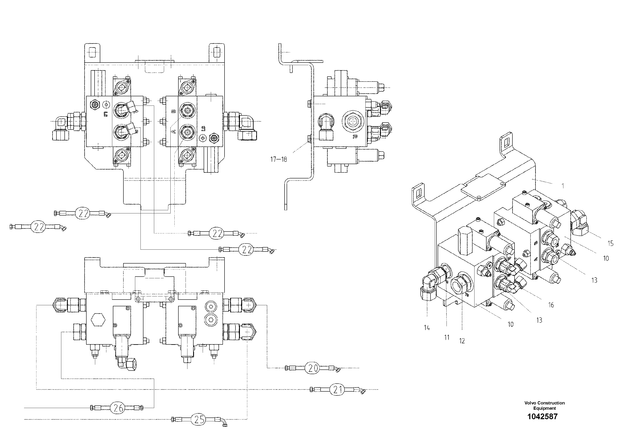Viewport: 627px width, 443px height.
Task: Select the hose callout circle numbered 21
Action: pyautogui.click(x=338, y=390)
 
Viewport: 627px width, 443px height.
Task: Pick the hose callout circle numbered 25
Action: pyautogui.click(x=199, y=419)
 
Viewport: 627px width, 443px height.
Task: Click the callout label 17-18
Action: pyautogui.click(x=279, y=159)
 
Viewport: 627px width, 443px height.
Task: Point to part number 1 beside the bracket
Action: pyautogui.click(x=563, y=186)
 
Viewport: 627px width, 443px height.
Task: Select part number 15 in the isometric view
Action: pyautogui.click(x=610, y=243)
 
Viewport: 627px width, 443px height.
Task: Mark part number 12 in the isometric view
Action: pyautogui.click(x=462, y=341)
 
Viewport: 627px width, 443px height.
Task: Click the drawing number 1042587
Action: pyautogui.click(x=542, y=416)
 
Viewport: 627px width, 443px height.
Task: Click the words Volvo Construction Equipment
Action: pyautogui.click(x=544, y=406)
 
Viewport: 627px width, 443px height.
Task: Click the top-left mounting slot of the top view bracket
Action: pyautogui.click(x=93, y=52)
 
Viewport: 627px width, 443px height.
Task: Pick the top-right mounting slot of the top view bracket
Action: pyautogui.click(x=217, y=52)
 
